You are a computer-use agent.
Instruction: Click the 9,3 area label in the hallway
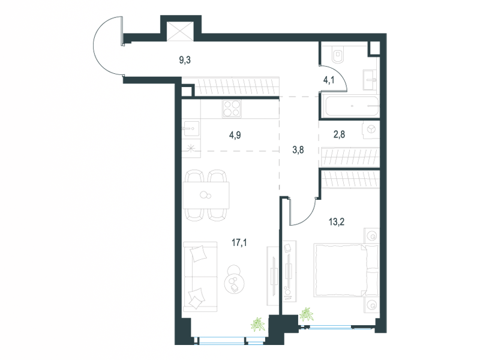tap(185, 60)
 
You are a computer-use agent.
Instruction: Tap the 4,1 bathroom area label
tap(329, 80)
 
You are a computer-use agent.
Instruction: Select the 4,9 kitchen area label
tap(235, 135)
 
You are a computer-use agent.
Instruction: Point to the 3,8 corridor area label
tap(298, 150)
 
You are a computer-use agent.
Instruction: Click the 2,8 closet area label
tap(339, 134)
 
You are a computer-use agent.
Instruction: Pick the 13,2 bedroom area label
tap(337, 221)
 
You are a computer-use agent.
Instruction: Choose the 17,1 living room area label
tap(239, 243)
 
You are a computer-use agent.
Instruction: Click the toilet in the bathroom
tap(338, 55)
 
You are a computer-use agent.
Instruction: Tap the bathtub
tap(352, 106)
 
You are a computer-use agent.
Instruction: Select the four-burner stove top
tap(232, 109)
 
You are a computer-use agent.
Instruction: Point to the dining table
tap(206, 195)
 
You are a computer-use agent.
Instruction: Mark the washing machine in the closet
tap(371, 130)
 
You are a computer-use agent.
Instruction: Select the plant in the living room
tap(258, 324)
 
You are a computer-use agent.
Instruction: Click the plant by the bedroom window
tap(307, 314)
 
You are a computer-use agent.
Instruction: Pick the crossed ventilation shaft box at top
tap(180, 31)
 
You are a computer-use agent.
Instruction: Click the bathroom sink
tap(371, 80)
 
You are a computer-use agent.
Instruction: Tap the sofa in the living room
tap(200, 277)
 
